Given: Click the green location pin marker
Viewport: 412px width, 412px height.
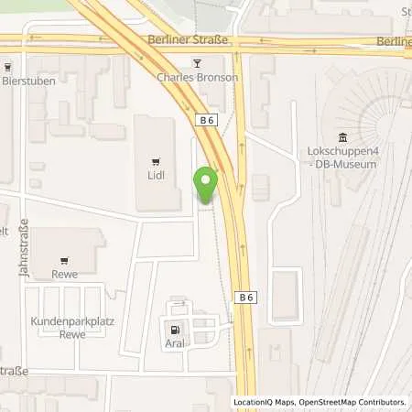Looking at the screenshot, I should point(206,184).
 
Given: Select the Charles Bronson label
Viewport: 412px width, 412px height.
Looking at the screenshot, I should point(197,78).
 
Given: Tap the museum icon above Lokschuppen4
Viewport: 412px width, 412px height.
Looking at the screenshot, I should point(342,136).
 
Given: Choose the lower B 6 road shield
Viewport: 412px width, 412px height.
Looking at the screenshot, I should point(246,297).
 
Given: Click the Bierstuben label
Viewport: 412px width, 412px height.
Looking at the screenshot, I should point(29,81).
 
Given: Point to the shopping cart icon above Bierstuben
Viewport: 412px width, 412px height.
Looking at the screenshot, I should point(7,67).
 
